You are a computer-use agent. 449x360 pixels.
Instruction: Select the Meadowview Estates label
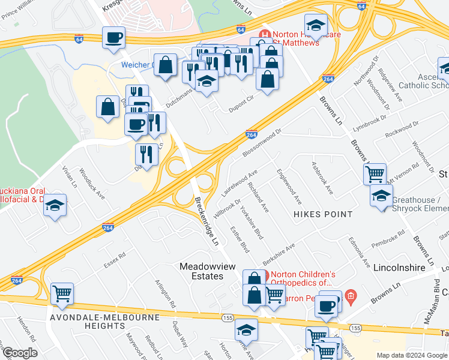point(202,271)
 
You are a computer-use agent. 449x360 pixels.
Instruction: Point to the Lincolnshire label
point(399,265)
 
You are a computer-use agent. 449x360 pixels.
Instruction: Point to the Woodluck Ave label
point(92,187)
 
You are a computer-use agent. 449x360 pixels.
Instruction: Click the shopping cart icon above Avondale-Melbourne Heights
point(62,293)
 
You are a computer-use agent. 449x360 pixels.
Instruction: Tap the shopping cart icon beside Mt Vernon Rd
point(375,174)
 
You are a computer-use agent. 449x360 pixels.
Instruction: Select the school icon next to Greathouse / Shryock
point(381,196)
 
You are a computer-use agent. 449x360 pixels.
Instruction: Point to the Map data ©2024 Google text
point(411,355)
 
